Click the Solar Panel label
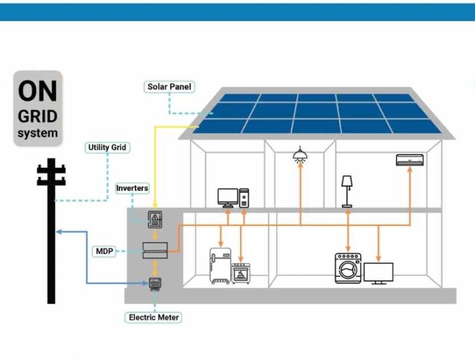coord(169,87)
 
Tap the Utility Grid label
coord(106,148)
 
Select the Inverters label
coord(132,187)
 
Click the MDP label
coord(103,251)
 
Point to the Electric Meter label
coord(154,317)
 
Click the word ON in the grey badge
coord(38,91)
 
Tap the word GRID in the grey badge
coord(38,116)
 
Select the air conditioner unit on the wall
coord(410,161)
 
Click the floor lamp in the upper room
coord(347,190)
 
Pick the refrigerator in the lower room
coord(220,266)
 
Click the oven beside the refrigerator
coord(241,273)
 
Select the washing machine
coord(348,268)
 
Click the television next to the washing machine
coord(379,273)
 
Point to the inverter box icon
coord(155,220)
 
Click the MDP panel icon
coord(155,251)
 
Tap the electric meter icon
coord(155,283)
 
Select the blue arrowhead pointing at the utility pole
coord(58,232)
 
